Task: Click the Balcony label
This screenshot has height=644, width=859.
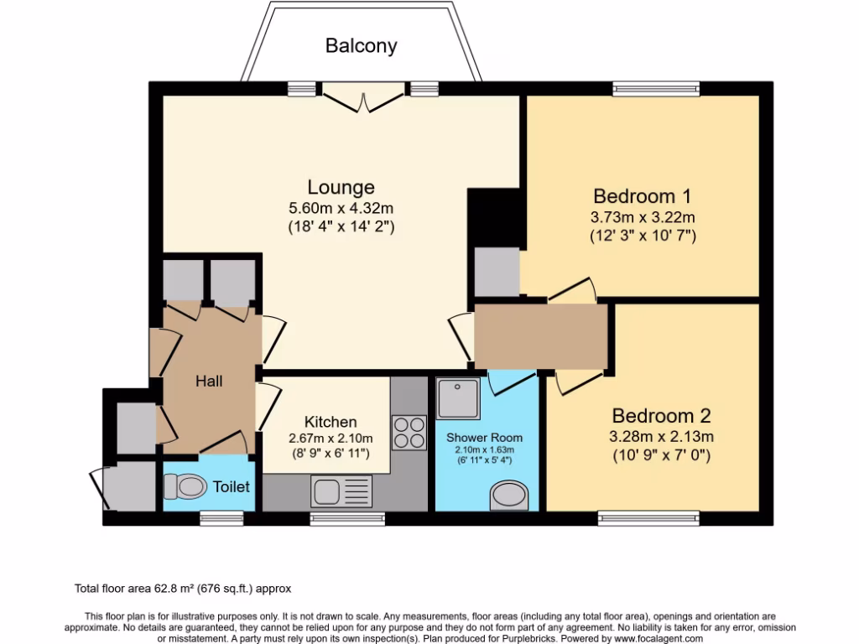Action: [x=361, y=46]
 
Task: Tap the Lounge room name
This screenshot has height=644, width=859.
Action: [x=341, y=187]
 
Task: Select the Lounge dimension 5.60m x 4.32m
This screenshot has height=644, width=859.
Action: [x=341, y=207]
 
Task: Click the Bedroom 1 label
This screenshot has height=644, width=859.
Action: [x=642, y=196]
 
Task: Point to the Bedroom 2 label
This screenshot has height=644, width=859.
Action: [x=661, y=416]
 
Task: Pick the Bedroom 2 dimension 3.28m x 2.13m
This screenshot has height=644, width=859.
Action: [x=661, y=436]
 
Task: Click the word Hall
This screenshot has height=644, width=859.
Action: [x=209, y=382]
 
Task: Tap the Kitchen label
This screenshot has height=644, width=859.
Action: [x=331, y=422]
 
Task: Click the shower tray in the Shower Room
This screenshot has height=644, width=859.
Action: [x=459, y=398]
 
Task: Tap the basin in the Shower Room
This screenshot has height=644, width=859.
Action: [x=508, y=495]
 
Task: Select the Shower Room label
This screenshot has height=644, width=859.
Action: [x=484, y=438]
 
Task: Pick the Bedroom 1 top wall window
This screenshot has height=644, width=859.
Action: [x=655, y=88]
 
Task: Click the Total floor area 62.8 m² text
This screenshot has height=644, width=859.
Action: [x=183, y=589]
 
